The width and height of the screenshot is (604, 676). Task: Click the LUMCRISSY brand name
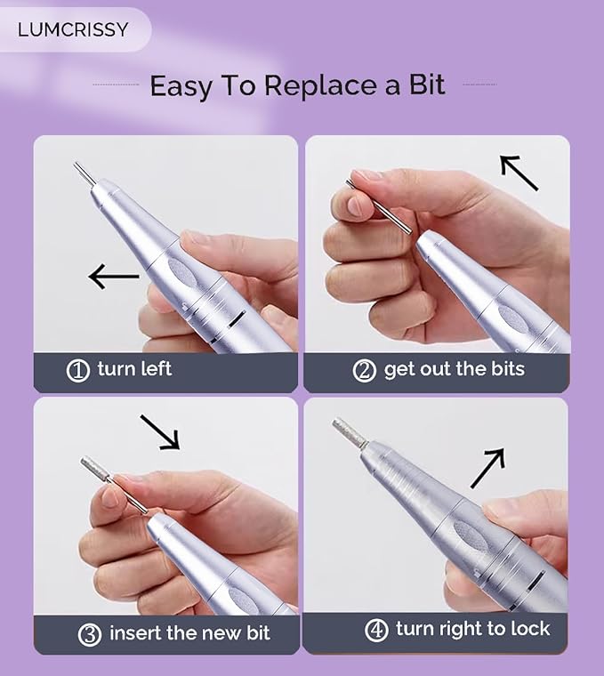click(x=73, y=29)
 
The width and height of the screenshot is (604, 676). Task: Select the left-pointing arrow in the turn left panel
click(x=113, y=277)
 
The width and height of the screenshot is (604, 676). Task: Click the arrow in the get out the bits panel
click(x=519, y=173)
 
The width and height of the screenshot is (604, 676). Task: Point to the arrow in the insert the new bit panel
click(x=160, y=432)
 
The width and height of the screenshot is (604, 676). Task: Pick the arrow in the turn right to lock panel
click(x=487, y=468)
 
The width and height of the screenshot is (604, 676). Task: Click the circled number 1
click(x=78, y=371)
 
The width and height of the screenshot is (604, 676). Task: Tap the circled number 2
click(x=365, y=371)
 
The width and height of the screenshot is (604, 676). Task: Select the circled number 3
click(x=90, y=634)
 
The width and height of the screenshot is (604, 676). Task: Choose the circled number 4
click(x=376, y=631)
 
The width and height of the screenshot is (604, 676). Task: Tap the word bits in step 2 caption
click(x=507, y=368)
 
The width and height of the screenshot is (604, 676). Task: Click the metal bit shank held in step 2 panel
click(x=379, y=208)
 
